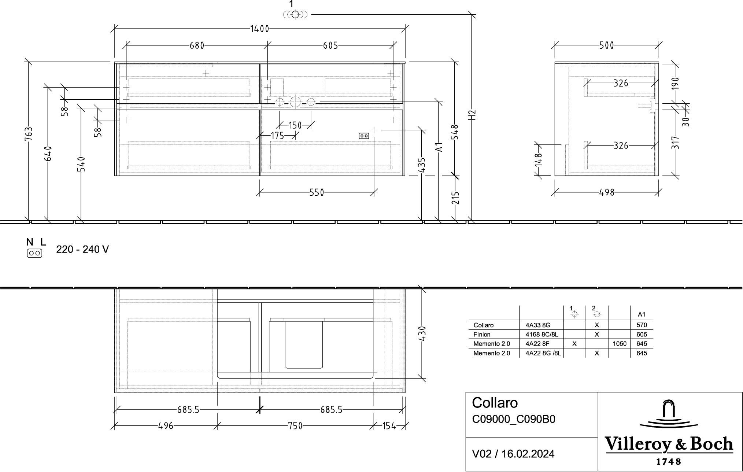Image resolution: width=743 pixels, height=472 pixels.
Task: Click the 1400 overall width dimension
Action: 260,29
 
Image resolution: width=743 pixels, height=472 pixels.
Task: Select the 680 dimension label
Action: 197,45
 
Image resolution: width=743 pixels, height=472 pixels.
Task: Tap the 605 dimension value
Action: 330,45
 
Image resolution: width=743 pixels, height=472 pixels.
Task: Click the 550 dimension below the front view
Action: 317,192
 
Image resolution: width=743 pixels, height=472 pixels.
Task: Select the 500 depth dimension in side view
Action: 607,45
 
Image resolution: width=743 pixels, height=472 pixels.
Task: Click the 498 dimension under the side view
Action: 607,192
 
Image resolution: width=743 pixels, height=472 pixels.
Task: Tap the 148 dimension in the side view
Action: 538,160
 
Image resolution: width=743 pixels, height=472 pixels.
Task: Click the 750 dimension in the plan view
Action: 295,426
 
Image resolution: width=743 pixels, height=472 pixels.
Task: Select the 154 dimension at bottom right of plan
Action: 389,426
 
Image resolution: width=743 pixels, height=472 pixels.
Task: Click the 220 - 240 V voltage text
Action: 82,250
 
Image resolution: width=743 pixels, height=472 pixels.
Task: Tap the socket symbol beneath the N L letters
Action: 34,253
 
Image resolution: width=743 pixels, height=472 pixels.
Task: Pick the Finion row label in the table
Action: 482,335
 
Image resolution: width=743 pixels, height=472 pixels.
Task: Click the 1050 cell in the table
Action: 620,344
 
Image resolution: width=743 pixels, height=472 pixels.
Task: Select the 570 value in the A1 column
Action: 642,325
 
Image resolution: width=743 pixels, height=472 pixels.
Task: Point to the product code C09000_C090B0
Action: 514,419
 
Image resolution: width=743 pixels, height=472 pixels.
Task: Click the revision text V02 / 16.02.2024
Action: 513,454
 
